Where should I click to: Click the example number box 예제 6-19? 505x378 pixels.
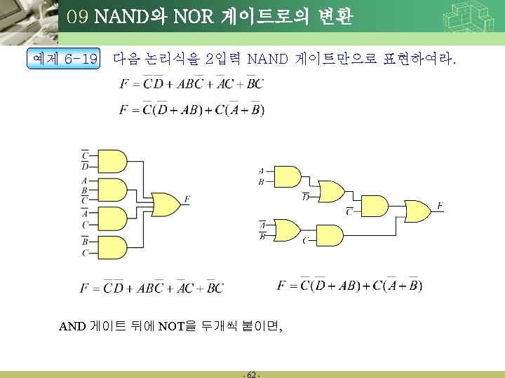[63, 59]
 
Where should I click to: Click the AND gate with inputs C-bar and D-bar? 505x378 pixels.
[113, 161]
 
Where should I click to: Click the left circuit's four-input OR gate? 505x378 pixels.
[166, 204]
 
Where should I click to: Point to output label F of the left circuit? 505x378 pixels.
[187, 200]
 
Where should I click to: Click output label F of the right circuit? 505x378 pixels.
[440, 205]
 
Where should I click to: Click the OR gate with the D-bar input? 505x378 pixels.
[332, 191]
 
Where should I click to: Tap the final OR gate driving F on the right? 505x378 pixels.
[419, 211]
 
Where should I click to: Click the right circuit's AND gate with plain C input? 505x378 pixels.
[330, 236]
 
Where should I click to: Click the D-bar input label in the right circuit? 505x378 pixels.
[306, 197]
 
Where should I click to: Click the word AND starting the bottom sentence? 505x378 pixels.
[73, 325]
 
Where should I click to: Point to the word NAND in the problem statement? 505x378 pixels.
[268, 58]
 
